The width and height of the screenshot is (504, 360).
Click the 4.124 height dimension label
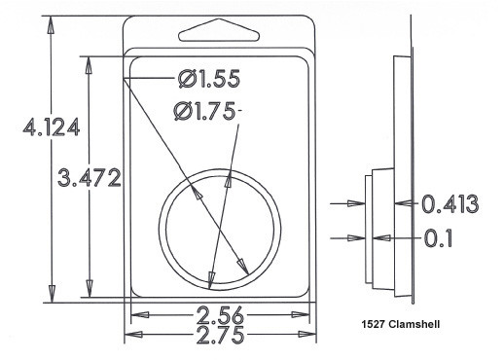52,127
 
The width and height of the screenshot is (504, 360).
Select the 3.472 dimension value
90,178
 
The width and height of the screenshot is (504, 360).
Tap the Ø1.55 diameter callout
209,79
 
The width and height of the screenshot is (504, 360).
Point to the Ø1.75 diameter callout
204,111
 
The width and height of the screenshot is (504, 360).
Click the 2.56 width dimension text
220,315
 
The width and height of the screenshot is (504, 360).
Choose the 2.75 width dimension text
220,335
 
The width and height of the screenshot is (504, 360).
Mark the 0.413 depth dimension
450,204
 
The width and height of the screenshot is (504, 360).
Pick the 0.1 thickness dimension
438,238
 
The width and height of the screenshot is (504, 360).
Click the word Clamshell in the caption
414,324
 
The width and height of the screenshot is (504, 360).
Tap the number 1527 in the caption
373,324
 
